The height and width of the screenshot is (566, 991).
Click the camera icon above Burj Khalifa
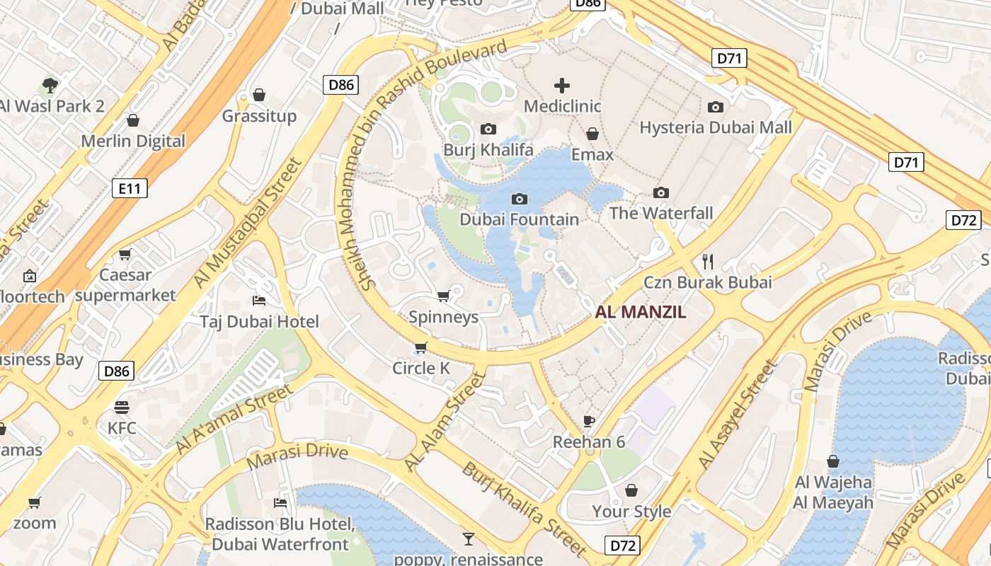(x=488, y=129)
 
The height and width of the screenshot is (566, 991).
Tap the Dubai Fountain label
(x=520, y=219)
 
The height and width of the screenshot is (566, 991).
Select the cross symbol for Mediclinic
(x=562, y=86)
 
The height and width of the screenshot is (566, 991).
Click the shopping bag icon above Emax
(x=592, y=134)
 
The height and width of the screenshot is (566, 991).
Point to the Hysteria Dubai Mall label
(x=716, y=127)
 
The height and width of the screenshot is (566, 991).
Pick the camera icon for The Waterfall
(x=661, y=192)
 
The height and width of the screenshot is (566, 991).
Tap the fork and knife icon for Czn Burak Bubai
(x=707, y=261)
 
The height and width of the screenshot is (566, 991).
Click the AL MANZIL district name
(x=641, y=312)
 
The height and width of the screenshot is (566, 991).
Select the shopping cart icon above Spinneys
(x=444, y=296)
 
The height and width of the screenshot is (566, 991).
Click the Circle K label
(x=421, y=368)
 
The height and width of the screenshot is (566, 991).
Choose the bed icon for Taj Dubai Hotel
(x=259, y=301)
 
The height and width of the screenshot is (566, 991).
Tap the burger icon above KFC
(x=122, y=407)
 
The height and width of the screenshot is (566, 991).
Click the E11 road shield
(x=130, y=187)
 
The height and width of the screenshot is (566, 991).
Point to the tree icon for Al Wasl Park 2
(x=50, y=86)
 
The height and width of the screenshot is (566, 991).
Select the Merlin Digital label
(x=133, y=141)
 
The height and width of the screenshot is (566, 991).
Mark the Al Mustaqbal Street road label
(x=247, y=223)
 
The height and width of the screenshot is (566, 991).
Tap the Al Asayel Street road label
(x=737, y=415)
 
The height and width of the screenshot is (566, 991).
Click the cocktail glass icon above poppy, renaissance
(x=468, y=539)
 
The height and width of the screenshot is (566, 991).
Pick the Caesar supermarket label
(x=125, y=285)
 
